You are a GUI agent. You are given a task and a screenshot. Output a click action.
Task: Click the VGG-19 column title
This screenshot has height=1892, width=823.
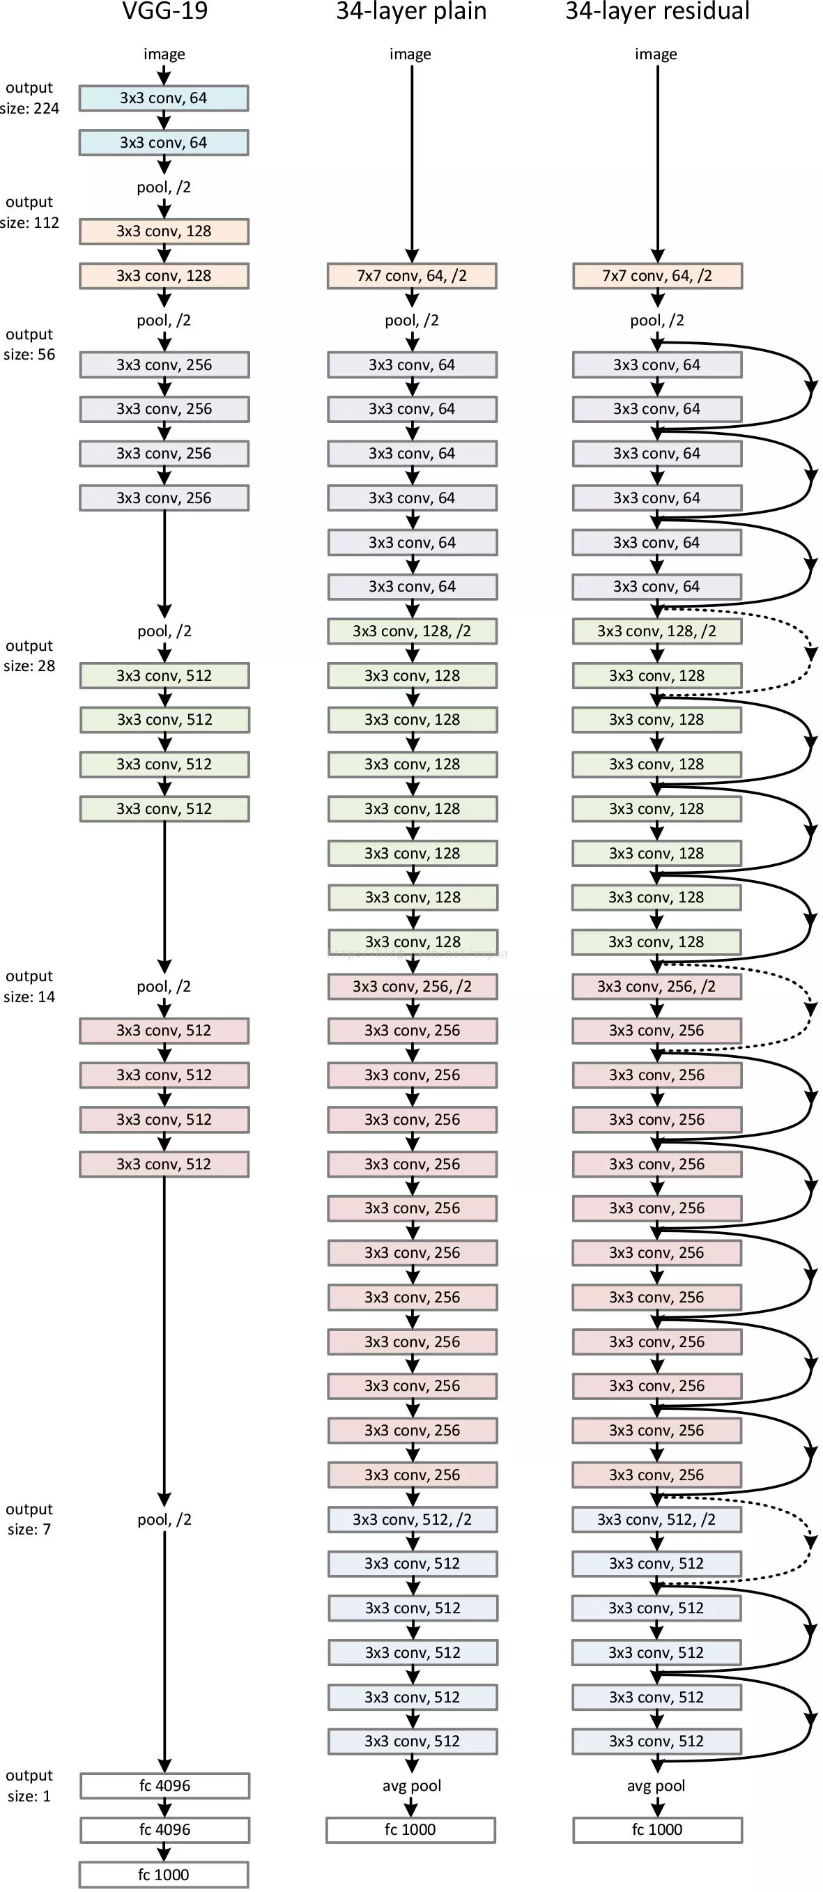point(164,11)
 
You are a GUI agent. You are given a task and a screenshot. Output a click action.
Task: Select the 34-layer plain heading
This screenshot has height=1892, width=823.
point(411,11)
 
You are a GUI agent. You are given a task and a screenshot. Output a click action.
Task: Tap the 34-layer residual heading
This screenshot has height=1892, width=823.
point(657,11)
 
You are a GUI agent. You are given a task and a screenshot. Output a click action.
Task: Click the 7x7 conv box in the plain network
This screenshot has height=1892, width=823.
point(412,275)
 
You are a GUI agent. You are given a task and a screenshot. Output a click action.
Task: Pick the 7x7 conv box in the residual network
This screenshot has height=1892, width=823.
point(657,275)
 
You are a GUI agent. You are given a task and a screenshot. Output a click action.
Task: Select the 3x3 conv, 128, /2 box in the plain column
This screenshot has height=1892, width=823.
point(412,631)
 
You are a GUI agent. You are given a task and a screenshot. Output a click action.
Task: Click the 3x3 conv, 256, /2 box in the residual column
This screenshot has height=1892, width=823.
point(656,986)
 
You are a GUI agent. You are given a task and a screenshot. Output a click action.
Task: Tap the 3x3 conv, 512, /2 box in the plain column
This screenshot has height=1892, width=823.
point(412,1519)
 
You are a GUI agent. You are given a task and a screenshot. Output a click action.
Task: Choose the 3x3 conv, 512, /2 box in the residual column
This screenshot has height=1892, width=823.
point(656,1519)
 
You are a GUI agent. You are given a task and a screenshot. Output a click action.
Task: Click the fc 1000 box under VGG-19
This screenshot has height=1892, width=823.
point(164,1874)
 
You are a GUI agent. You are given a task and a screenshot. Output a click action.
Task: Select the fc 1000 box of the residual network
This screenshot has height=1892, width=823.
point(657,1829)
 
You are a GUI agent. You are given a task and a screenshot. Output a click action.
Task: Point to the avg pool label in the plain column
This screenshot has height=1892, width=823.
point(412,1785)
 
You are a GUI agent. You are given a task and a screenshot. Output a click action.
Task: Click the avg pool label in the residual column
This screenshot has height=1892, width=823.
point(656,1785)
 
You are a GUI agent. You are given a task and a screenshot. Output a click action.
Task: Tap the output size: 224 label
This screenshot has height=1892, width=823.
point(29,98)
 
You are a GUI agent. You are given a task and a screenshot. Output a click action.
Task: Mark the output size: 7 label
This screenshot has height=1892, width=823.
point(29,1519)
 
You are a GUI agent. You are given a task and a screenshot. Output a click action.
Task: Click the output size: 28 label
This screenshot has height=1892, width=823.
point(29,656)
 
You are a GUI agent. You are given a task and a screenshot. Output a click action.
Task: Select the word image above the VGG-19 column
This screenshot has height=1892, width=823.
point(164,54)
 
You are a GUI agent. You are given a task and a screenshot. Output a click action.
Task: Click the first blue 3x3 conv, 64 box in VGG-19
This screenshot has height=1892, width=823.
point(164,98)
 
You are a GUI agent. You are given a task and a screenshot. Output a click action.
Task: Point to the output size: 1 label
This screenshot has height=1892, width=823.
point(29,1785)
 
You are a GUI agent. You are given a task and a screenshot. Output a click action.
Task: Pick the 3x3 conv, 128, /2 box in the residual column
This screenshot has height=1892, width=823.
point(656,631)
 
